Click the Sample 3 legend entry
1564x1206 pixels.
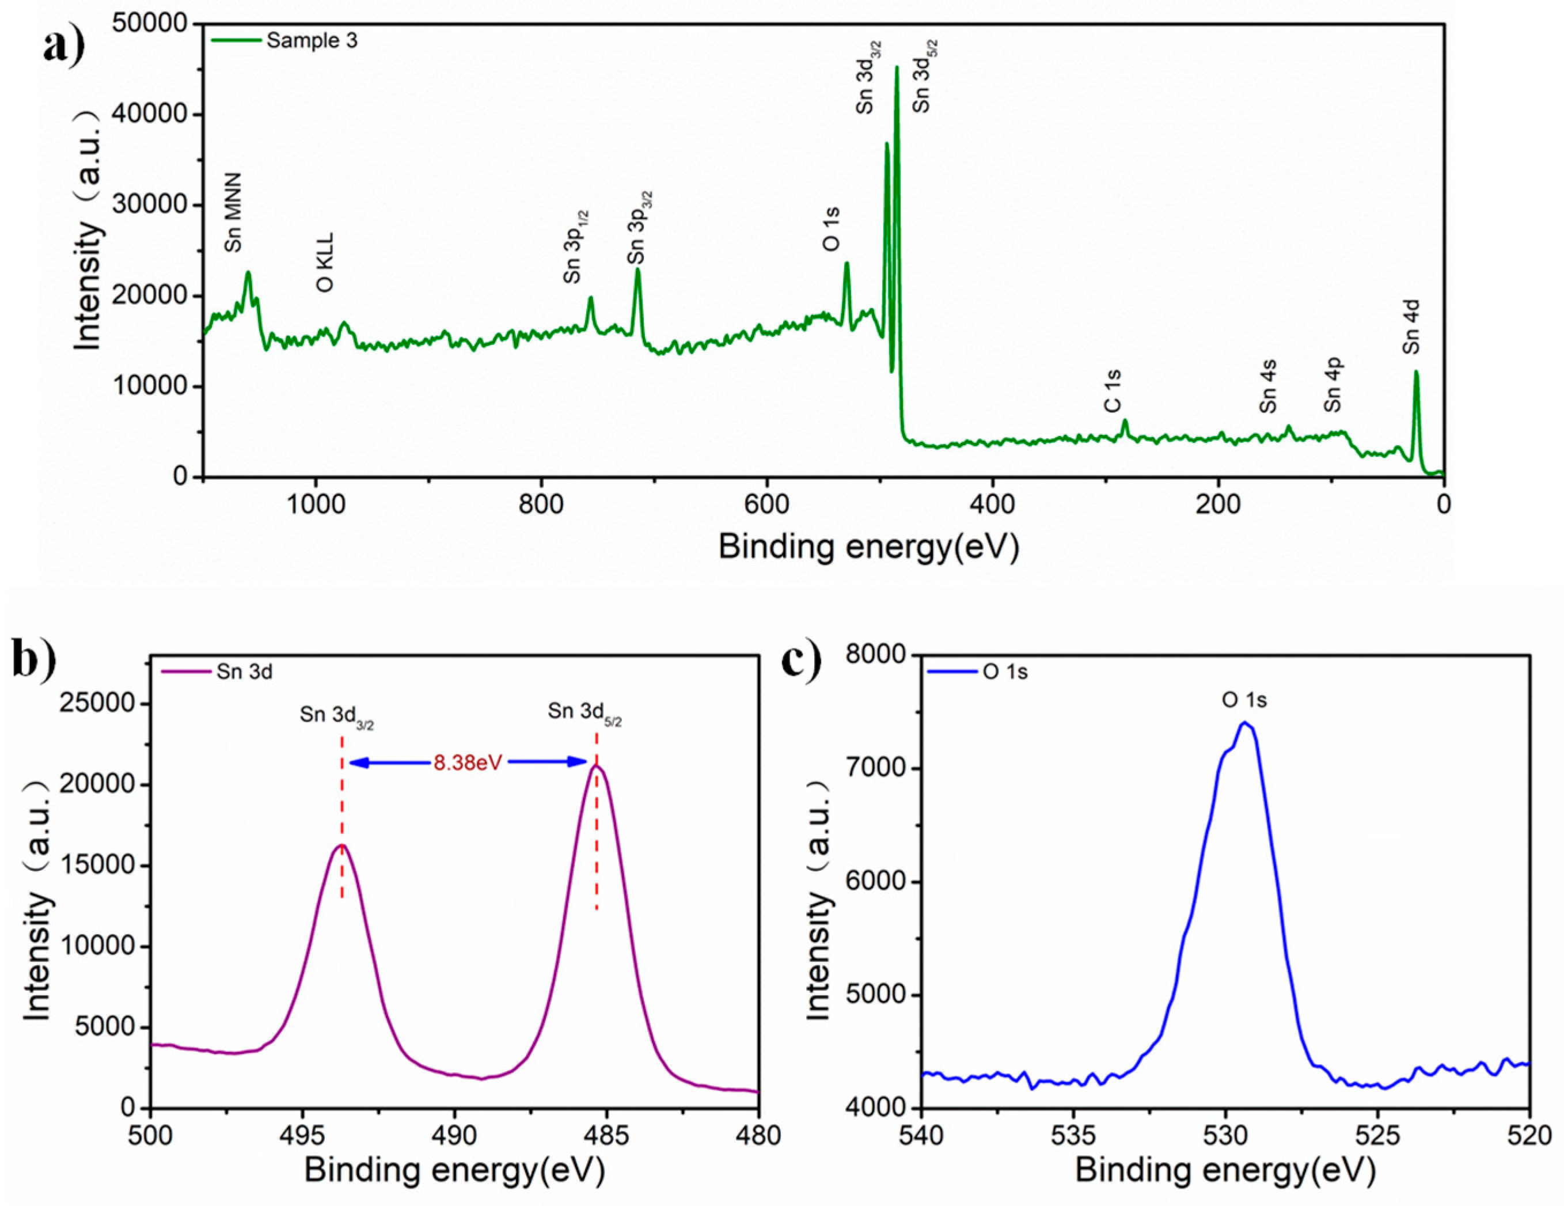coord(311,41)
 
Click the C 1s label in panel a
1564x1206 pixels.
coord(1112,391)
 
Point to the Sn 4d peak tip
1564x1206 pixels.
coord(1416,371)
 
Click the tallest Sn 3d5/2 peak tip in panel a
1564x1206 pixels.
coord(897,67)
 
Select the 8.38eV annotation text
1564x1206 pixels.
coord(467,763)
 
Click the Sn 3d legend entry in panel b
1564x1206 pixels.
coord(244,672)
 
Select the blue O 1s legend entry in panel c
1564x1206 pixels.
coord(1005,672)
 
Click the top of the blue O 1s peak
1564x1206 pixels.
coord(1244,723)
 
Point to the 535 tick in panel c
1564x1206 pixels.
coord(1073,1136)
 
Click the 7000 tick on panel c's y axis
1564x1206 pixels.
coord(879,768)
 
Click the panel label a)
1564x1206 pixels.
coord(63,46)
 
